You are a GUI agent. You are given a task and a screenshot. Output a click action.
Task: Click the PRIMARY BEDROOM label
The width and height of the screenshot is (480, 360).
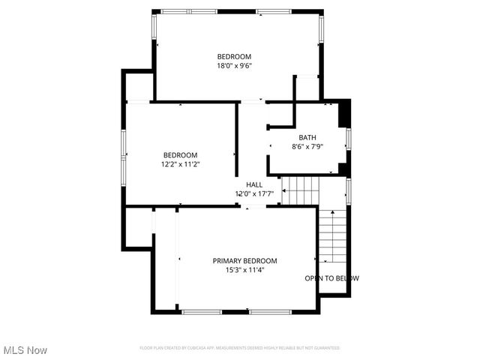[244, 261]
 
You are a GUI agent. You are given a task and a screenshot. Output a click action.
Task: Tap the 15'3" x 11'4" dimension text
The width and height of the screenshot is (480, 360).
[244, 270]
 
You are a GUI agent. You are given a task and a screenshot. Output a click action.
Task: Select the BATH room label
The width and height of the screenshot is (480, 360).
[307, 137]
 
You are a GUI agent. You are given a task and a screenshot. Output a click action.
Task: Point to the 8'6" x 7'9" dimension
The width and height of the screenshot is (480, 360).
[307, 146]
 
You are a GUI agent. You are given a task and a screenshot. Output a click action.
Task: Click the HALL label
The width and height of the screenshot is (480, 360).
[254, 184]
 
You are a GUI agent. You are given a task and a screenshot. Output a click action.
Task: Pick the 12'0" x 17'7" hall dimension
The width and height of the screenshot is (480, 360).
[254, 193]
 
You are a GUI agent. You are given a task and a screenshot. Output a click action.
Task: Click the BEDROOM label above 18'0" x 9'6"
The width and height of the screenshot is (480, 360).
[234, 56]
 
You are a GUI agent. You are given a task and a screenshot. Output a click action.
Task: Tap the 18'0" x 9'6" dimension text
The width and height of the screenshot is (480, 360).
[234, 65]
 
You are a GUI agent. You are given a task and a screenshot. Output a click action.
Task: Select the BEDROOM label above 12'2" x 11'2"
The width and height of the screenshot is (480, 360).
[180, 155]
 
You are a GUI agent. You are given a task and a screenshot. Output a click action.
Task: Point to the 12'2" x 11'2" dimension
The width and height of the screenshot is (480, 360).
[180, 164]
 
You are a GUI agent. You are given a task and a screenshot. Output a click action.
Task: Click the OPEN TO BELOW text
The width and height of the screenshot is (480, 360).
[331, 278]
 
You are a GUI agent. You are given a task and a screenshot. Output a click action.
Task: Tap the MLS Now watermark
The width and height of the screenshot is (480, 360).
[25, 350]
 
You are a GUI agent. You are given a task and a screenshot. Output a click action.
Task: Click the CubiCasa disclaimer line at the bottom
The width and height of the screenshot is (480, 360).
[240, 348]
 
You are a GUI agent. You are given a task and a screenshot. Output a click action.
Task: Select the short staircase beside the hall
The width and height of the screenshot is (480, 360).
[301, 190]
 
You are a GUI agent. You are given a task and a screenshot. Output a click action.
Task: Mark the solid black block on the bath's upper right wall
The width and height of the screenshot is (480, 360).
[344, 114]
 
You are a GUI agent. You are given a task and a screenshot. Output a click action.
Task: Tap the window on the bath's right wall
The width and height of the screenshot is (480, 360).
[349, 139]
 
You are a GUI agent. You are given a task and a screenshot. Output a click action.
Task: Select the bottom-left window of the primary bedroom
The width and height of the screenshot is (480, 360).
[207, 311]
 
